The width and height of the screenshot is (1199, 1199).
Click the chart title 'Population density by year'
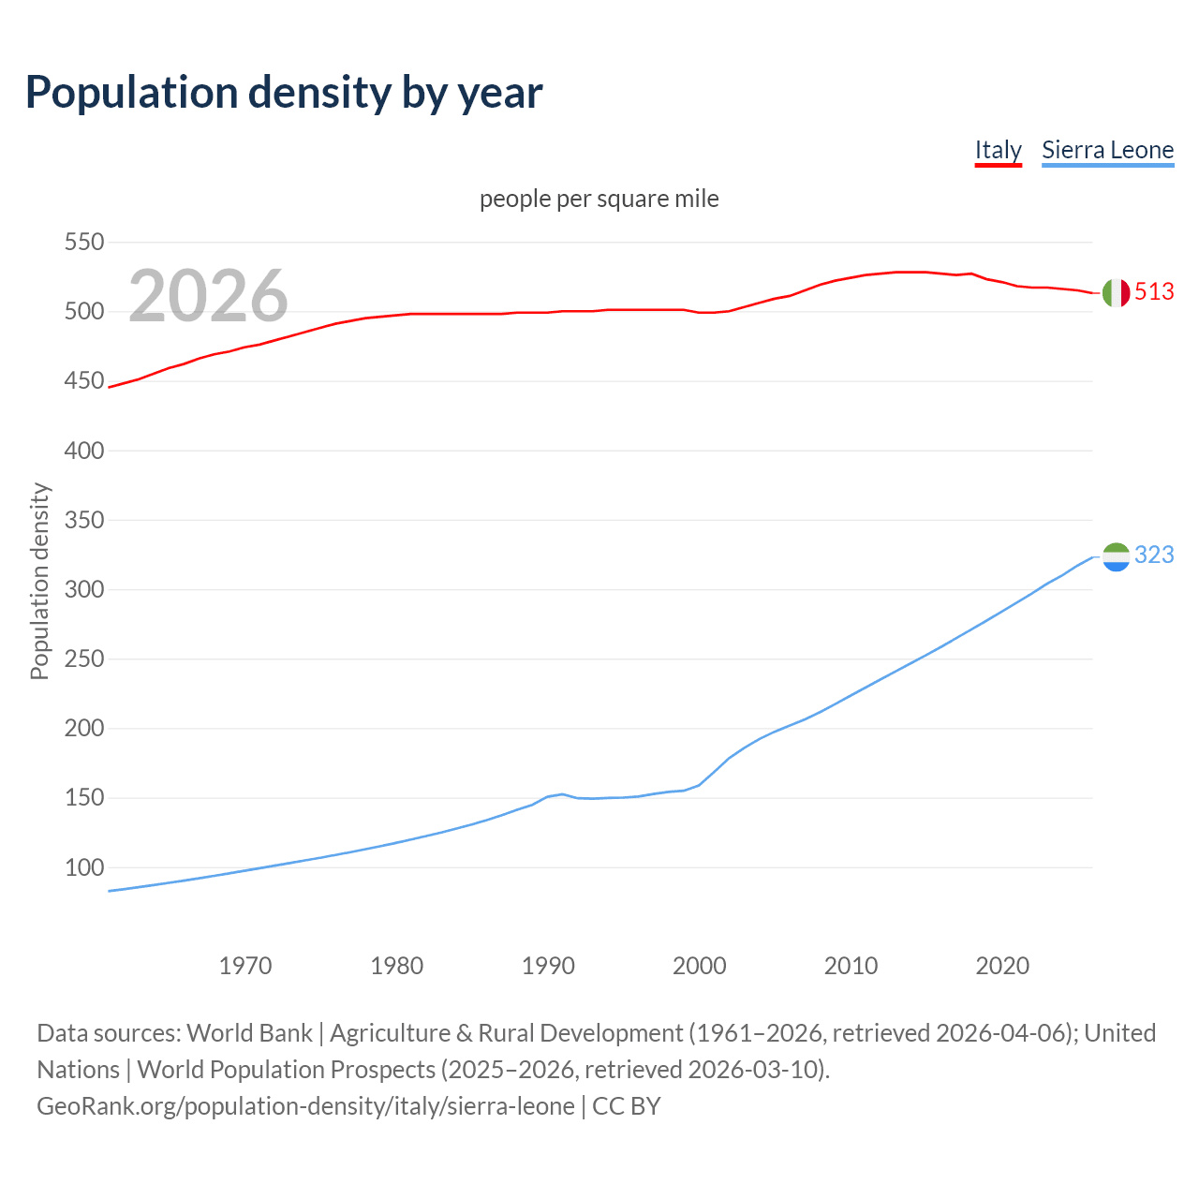[284, 92]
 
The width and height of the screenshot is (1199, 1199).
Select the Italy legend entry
[998, 150]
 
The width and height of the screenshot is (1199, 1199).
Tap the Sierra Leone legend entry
[1107, 150]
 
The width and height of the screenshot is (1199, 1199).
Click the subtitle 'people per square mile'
[599, 199]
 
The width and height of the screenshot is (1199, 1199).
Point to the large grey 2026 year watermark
[208, 296]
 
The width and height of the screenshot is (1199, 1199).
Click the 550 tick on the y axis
[83, 243]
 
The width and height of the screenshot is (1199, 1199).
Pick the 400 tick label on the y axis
[83, 451]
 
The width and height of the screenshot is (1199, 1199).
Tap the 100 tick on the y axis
[83, 867]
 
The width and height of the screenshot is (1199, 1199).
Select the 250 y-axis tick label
[83, 659]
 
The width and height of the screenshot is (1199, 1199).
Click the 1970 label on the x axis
[245, 965]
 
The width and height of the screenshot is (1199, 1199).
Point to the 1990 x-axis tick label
[548, 965]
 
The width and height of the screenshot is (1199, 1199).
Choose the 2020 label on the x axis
[1002, 965]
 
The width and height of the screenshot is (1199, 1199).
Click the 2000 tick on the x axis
[700, 965]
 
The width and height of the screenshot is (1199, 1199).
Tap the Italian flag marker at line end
[1116, 292]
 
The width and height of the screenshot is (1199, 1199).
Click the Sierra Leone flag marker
[1116, 556]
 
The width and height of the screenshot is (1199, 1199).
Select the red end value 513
[1154, 292]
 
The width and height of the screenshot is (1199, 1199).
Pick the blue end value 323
[1154, 555]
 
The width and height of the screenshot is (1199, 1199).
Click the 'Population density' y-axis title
[39, 581]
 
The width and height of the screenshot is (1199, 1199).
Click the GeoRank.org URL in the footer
[305, 1106]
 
